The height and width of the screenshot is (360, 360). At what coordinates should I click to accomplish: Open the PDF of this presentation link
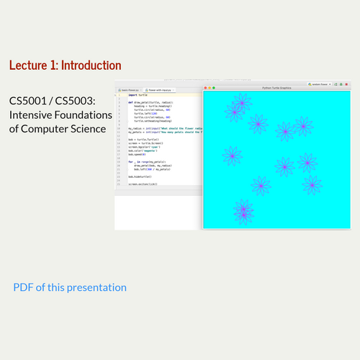click(x=70, y=287)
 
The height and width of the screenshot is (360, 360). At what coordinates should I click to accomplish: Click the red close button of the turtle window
click(x=206, y=87)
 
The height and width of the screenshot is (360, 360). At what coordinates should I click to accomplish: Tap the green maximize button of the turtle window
click(x=214, y=87)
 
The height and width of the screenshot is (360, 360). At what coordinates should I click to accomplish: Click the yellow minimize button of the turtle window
click(x=210, y=87)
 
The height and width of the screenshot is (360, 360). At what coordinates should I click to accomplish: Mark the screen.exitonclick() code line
click(x=143, y=184)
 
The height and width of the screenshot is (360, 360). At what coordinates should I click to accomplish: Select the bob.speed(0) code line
click(x=137, y=154)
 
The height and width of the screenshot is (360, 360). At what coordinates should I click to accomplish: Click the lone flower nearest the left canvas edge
click(x=232, y=156)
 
